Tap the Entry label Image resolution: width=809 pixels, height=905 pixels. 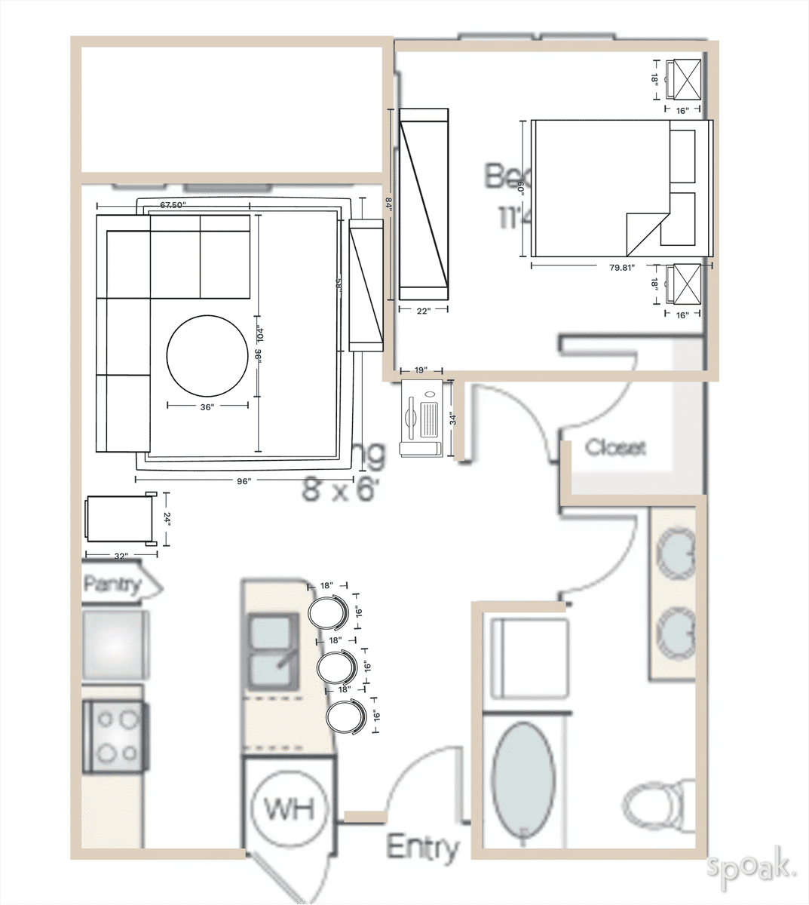(x=422, y=848)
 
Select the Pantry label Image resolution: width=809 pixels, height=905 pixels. (x=113, y=584)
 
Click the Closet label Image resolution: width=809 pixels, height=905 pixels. (x=615, y=447)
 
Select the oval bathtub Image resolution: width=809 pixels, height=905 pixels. (x=523, y=781)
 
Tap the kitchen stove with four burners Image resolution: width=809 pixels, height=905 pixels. (x=114, y=736)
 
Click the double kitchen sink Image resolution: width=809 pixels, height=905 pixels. (x=271, y=653)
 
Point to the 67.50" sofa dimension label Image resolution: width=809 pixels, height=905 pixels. (x=173, y=205)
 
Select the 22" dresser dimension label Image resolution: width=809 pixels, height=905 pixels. (x=423, y=311)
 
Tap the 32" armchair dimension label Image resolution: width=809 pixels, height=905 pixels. (x=121, y=556)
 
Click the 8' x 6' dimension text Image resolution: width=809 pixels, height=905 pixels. (x=338, y=490)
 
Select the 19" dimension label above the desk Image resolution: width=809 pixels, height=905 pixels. (x=421, y=370)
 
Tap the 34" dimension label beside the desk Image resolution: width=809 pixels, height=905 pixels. (x=453, y=419)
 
